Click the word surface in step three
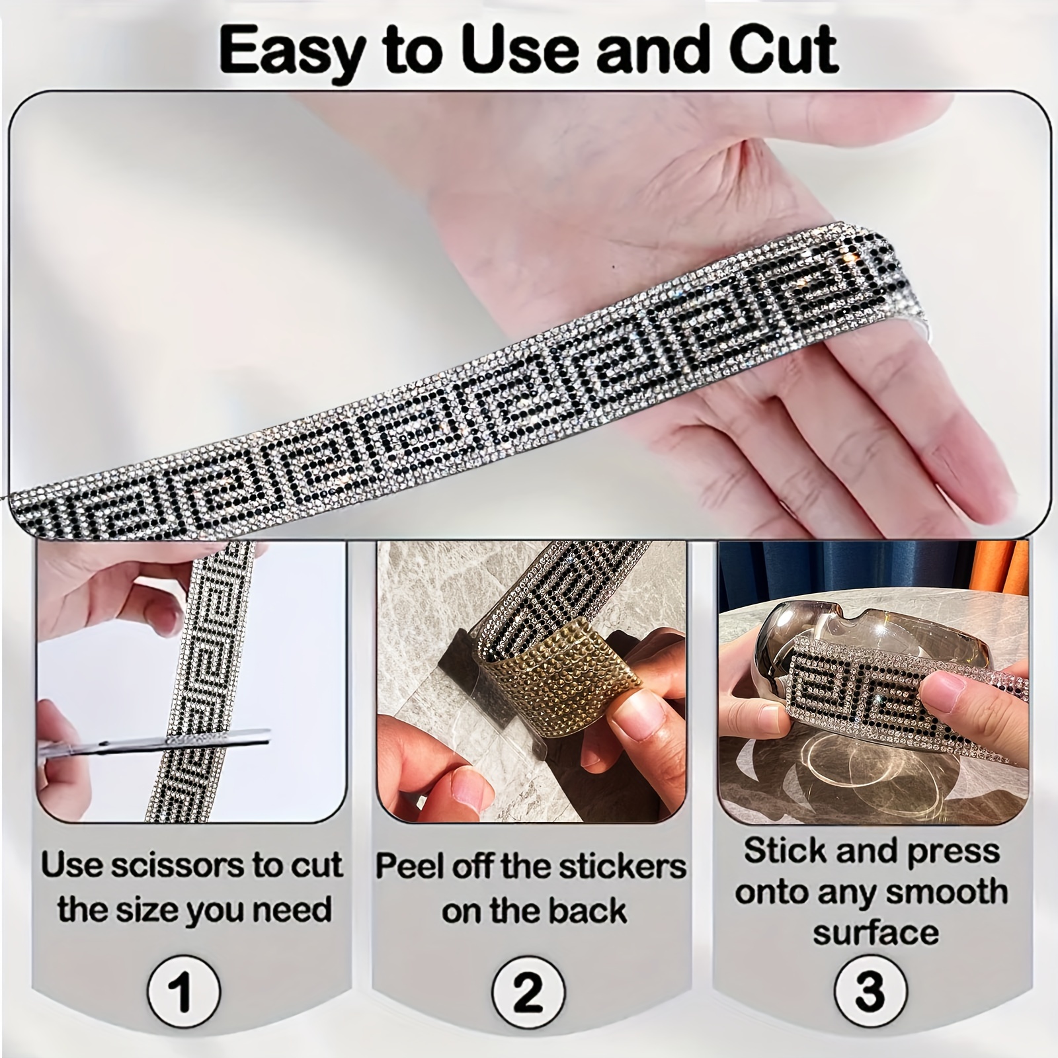pos(875,933)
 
